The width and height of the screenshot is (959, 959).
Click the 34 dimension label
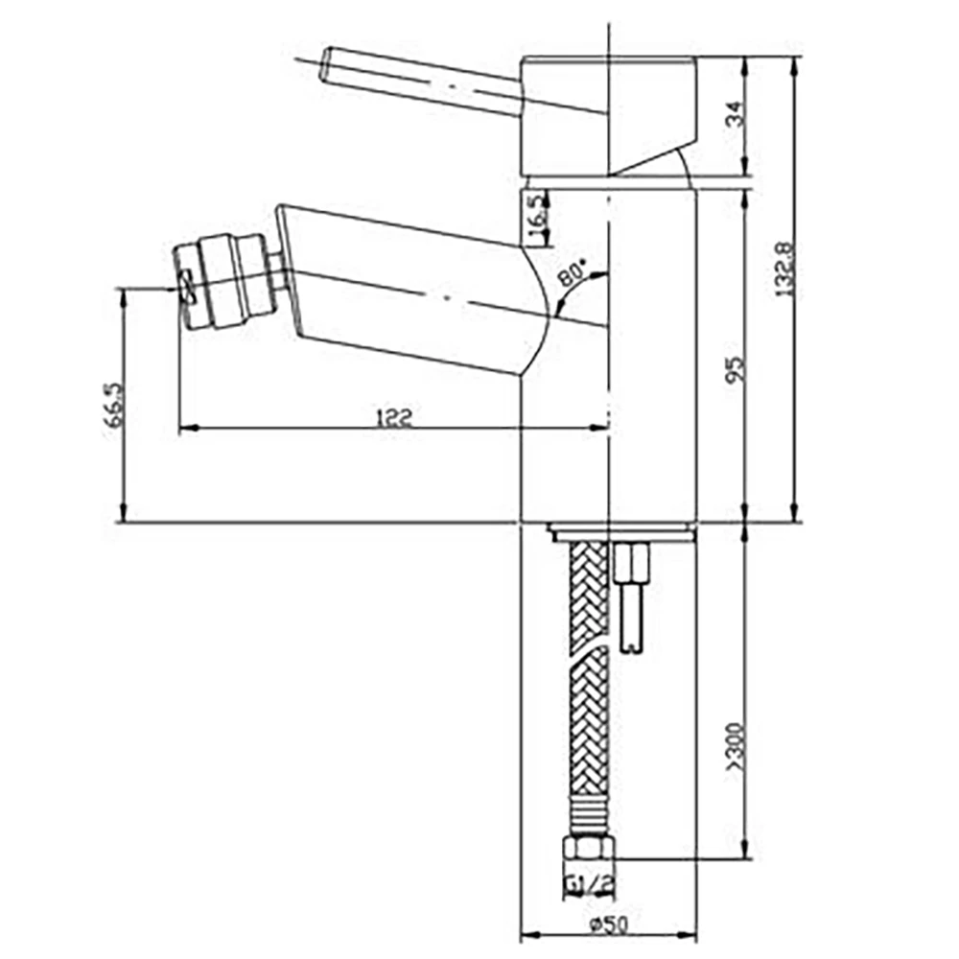734,117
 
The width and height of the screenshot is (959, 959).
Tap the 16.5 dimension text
536,210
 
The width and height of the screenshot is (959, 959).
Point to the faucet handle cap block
606,115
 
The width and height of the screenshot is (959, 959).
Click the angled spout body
412,288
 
